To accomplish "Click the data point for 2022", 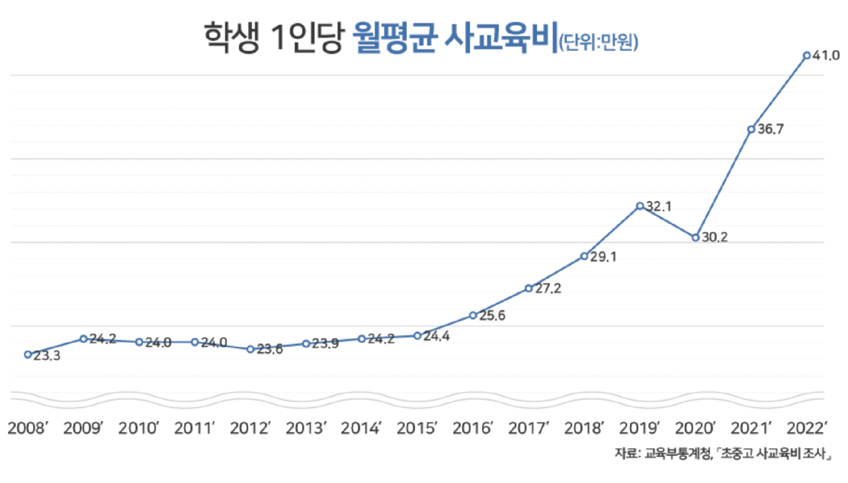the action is click(807, 56).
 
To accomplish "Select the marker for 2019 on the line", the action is click(640, 206).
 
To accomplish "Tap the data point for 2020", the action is click(696, 237).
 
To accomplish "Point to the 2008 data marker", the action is click(28, 355).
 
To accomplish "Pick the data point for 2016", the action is click(473, 315).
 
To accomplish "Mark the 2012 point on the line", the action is click(250, 349).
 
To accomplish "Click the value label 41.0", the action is click(826, 56).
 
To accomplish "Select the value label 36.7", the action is click(771, 129).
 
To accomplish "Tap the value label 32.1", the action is click(659, 206).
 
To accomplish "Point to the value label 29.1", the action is click(604, 257).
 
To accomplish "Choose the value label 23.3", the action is click(47, 356).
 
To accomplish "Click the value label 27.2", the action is click(548, 289).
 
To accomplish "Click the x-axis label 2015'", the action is click(417, 428).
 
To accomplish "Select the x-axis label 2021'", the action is click(751, 428).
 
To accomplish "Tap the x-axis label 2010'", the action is click(139, 428).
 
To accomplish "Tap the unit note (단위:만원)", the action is click(599, 42).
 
